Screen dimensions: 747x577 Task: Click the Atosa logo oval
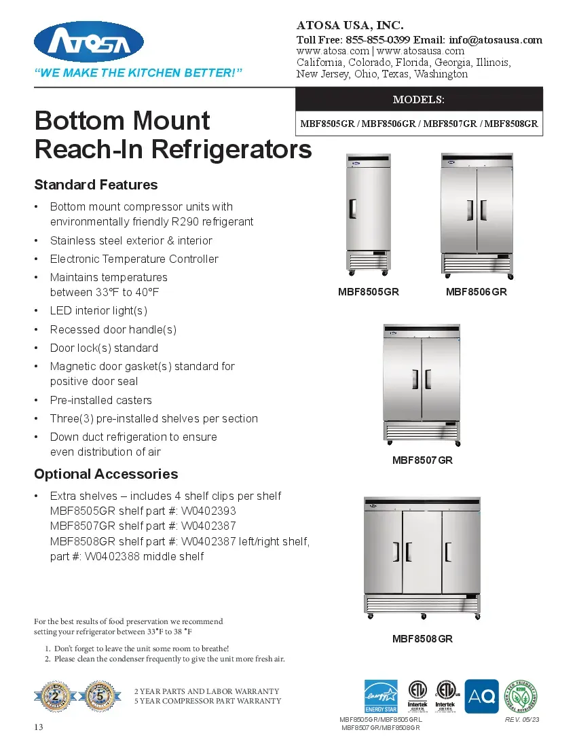click(89, 41)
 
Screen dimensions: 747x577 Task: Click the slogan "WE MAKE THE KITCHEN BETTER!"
click(138, 73)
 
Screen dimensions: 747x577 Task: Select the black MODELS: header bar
click(419, 99)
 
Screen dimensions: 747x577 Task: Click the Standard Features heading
click(96, 185)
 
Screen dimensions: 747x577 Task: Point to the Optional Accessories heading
click(106, 474)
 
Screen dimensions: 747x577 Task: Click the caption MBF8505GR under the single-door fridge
click(368, 292)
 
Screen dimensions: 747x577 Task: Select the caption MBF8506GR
click(476, 292)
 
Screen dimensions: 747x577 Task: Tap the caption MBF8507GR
click(422, 460)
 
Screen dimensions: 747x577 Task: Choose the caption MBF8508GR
click(422, 639)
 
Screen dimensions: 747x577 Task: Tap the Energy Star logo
click(381, 696)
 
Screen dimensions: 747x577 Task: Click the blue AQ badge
click(481, 696)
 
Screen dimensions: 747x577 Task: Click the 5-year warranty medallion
click(100, 696)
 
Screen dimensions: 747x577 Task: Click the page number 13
click(39, 728)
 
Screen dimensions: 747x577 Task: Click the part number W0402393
click(209, 511)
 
